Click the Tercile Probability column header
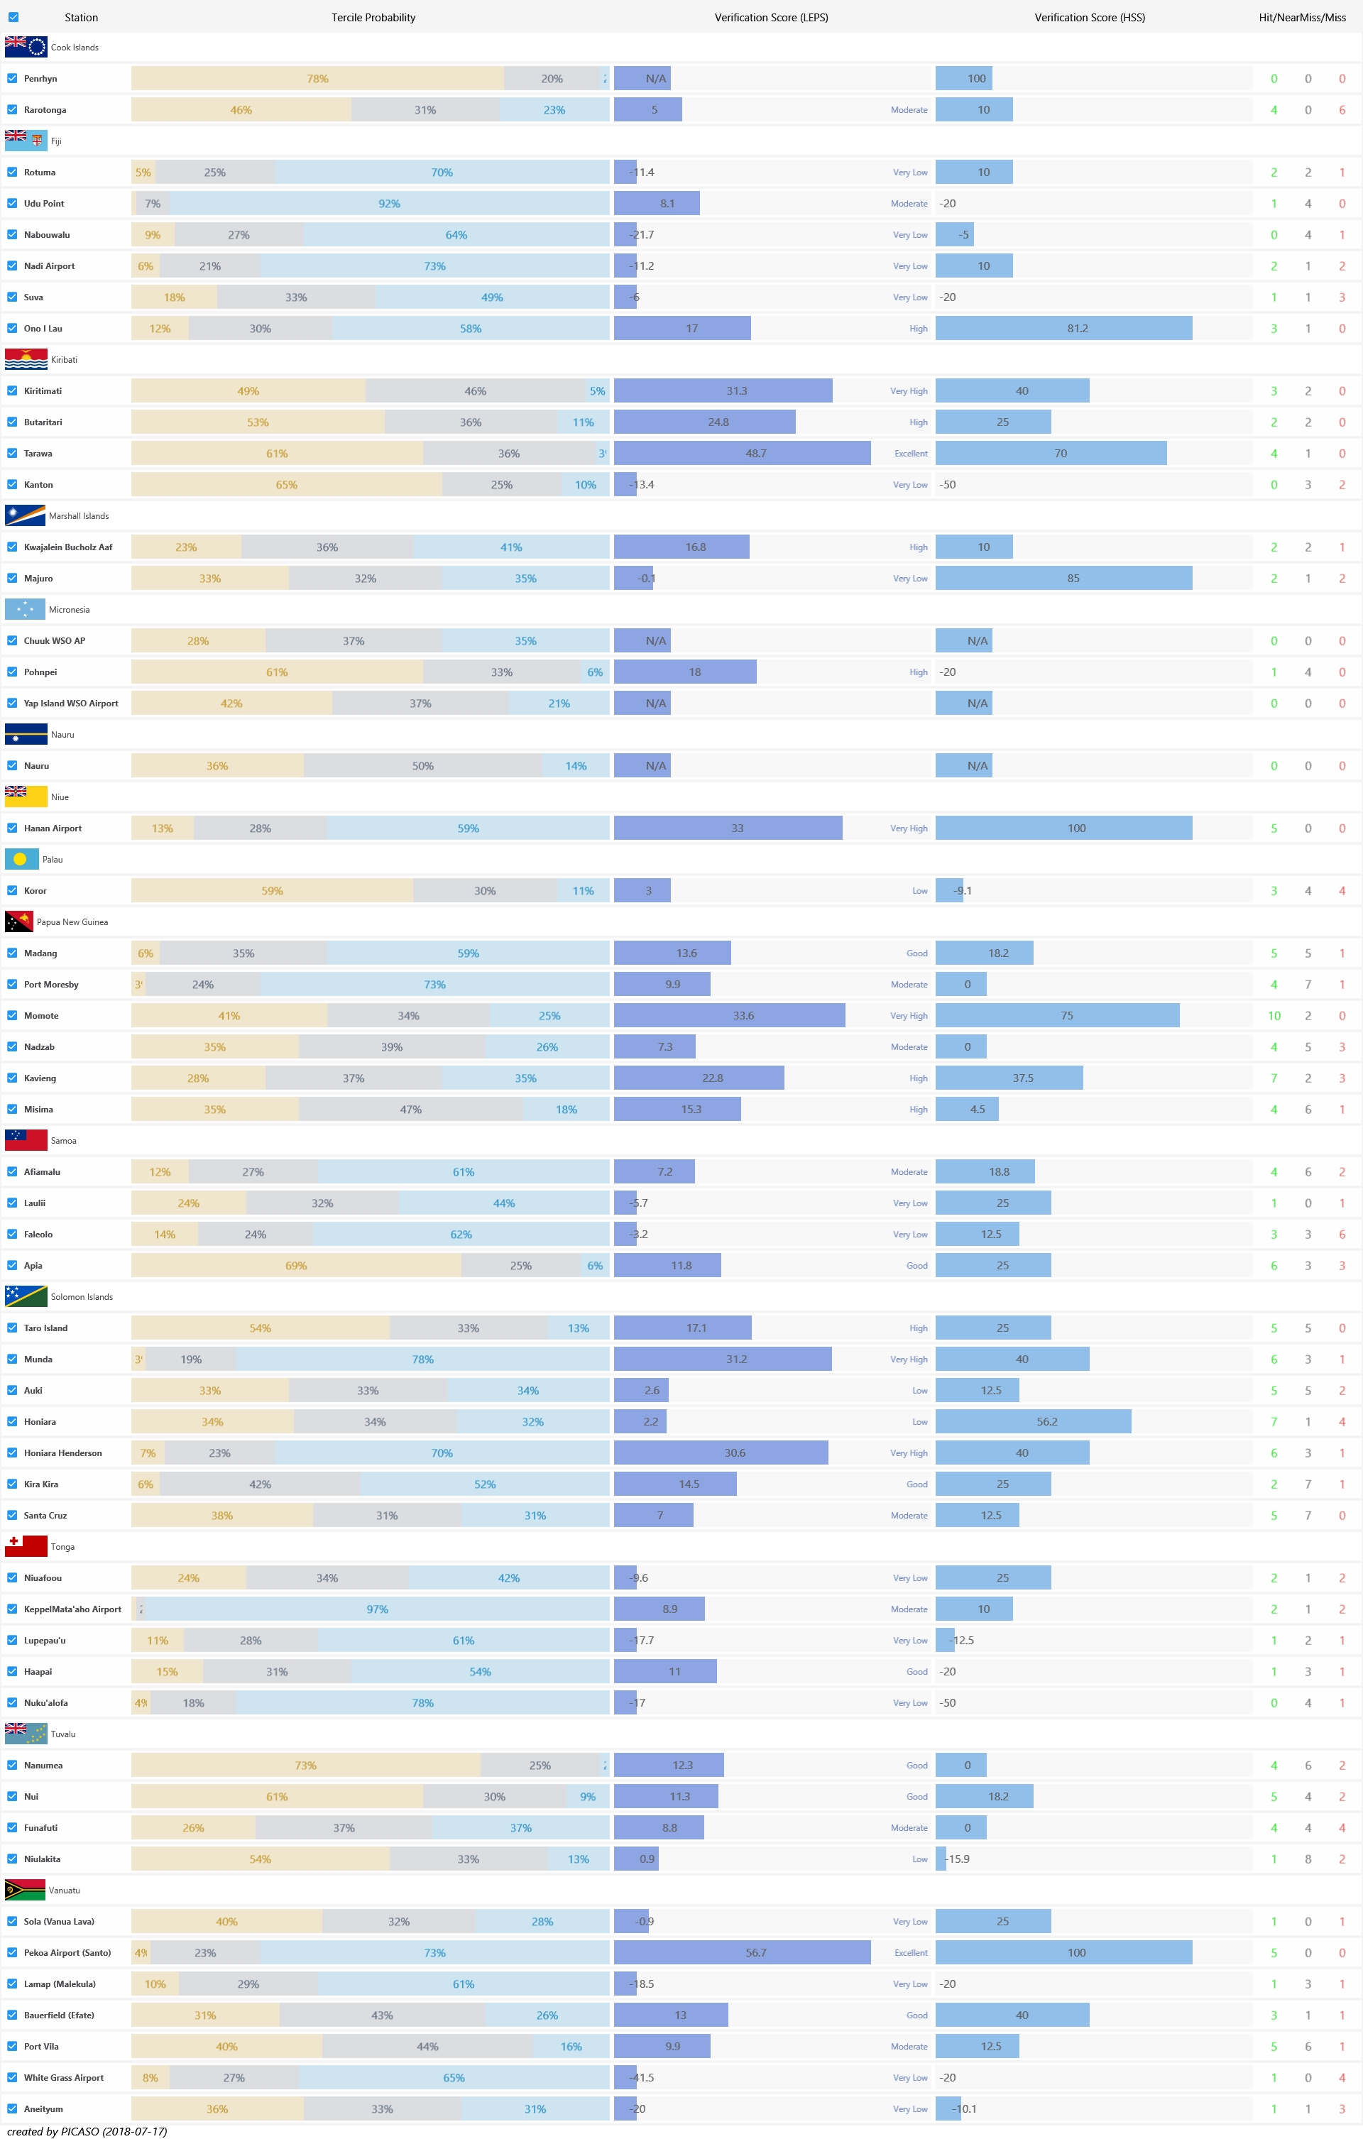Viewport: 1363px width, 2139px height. click(373, 18)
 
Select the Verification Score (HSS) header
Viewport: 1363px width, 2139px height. click(1089, 18)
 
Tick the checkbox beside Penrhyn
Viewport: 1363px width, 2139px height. click(13, 78)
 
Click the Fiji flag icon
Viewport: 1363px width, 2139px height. click(26, 141)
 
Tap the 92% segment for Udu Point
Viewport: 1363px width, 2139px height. click(389, 204)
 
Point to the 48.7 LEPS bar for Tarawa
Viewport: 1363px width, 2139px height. click(742, 453)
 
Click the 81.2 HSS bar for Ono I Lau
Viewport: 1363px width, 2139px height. click(1063, 329)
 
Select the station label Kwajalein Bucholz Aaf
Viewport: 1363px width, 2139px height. click(68, 547)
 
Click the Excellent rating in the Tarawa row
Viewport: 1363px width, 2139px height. click(911, 454)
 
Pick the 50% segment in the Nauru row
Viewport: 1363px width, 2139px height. click(423, 766)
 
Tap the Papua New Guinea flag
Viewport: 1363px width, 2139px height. click(18, 922)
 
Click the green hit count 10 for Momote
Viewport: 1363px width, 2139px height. click(1274, 1015)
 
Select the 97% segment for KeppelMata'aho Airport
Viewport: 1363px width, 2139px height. click(377, 1609)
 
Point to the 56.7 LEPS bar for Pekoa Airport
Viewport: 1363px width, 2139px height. click(742, 1952)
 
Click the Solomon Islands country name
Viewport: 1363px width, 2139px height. click(82, 1297)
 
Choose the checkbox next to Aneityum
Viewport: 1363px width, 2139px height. click(13, 2108)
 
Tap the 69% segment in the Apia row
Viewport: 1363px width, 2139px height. click(296, 1266)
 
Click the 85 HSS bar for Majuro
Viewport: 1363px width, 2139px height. click(1063, 579)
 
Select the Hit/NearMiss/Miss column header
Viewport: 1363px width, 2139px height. click(1302, 18)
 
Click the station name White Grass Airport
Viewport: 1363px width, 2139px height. click(64, 2078)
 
